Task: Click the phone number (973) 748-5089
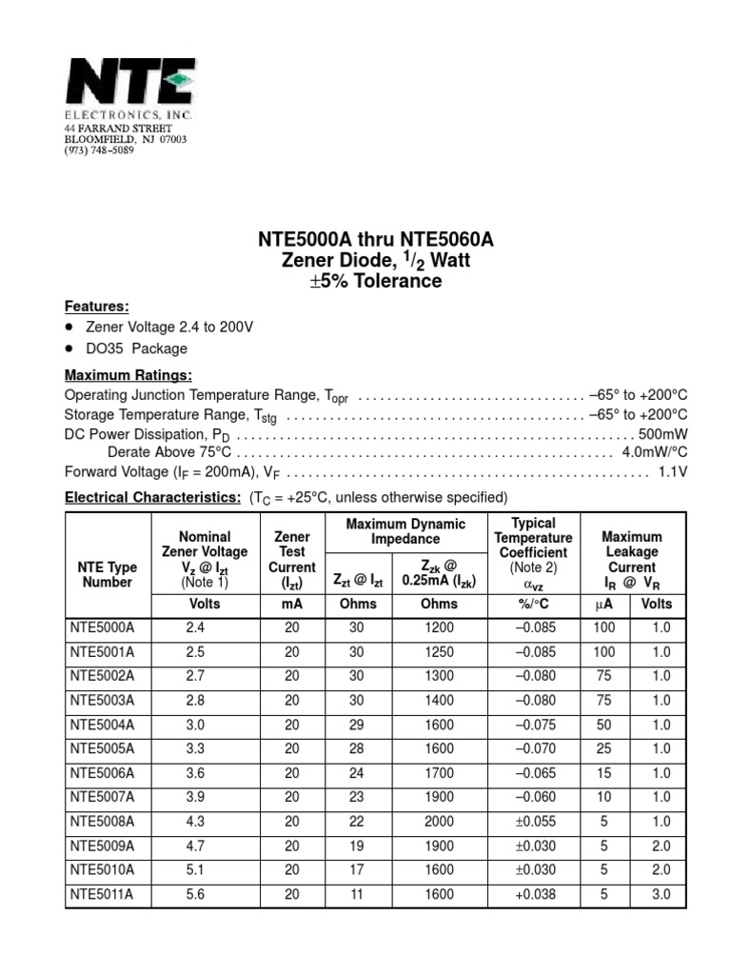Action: tap(99, 150)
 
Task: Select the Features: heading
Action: tap(96, 306)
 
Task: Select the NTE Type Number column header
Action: tap(108, 574)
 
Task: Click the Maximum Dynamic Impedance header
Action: tap(405, 531)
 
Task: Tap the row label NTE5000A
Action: tap(103, 628)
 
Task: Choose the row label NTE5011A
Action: tap(103, 894)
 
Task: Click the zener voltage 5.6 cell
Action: tap(196, 894)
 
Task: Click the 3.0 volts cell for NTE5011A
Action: tap(661, 894)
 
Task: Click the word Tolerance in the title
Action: tap(398, 282)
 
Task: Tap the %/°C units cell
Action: tap(533, 604)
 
